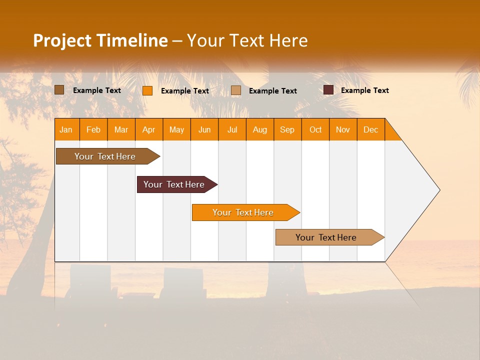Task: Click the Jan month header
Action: tap(66, 129)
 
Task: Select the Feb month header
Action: tap(93, 129)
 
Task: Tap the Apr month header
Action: tap(149, 129)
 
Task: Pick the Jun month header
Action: tap(204, 129)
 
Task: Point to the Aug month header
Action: tap(260, 129)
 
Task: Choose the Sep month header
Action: tap(287, 129)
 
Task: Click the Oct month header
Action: tap(315, 129)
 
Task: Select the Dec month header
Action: tap(371, 129)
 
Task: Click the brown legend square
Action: tap(59, 90)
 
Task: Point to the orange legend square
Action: tap(147, 90)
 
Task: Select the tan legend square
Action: tap(236, 90)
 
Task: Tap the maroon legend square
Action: tap(328, 90)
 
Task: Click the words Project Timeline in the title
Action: tap(100, 40)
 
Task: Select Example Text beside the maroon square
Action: tap(364, 90)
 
